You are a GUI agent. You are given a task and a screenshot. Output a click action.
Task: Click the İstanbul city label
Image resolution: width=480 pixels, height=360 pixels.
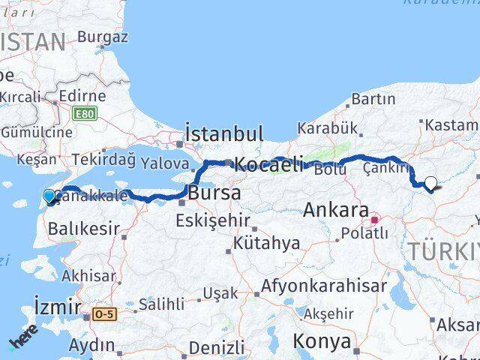click(x=223, y=135)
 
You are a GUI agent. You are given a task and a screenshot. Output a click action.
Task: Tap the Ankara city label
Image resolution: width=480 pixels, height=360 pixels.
click(x=336, y=210)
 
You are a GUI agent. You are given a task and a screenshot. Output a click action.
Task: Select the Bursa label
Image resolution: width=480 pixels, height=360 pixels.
click(x=214, y=193)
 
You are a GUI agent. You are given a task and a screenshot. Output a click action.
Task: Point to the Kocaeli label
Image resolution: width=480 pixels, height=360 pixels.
click(x=268, y=164)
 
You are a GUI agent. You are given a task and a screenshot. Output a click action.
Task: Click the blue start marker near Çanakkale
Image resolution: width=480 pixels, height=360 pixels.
click(x=49, y=196)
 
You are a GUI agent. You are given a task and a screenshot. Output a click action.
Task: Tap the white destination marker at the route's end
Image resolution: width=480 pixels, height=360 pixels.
click(x=431, y=182)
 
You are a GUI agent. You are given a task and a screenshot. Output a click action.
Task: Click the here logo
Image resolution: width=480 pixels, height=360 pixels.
click(x=22, y=342)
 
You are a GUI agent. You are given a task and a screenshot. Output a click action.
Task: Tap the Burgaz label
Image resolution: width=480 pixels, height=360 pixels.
click(x=103, y=36)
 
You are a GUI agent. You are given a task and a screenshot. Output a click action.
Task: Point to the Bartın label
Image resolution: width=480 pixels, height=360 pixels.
click(x=373, y=98)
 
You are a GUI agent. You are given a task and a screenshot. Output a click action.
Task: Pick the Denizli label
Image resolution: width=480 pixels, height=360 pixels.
click(x=217, y=347)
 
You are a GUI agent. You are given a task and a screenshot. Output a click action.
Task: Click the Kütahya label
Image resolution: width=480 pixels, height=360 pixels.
click(x=266, y=244)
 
